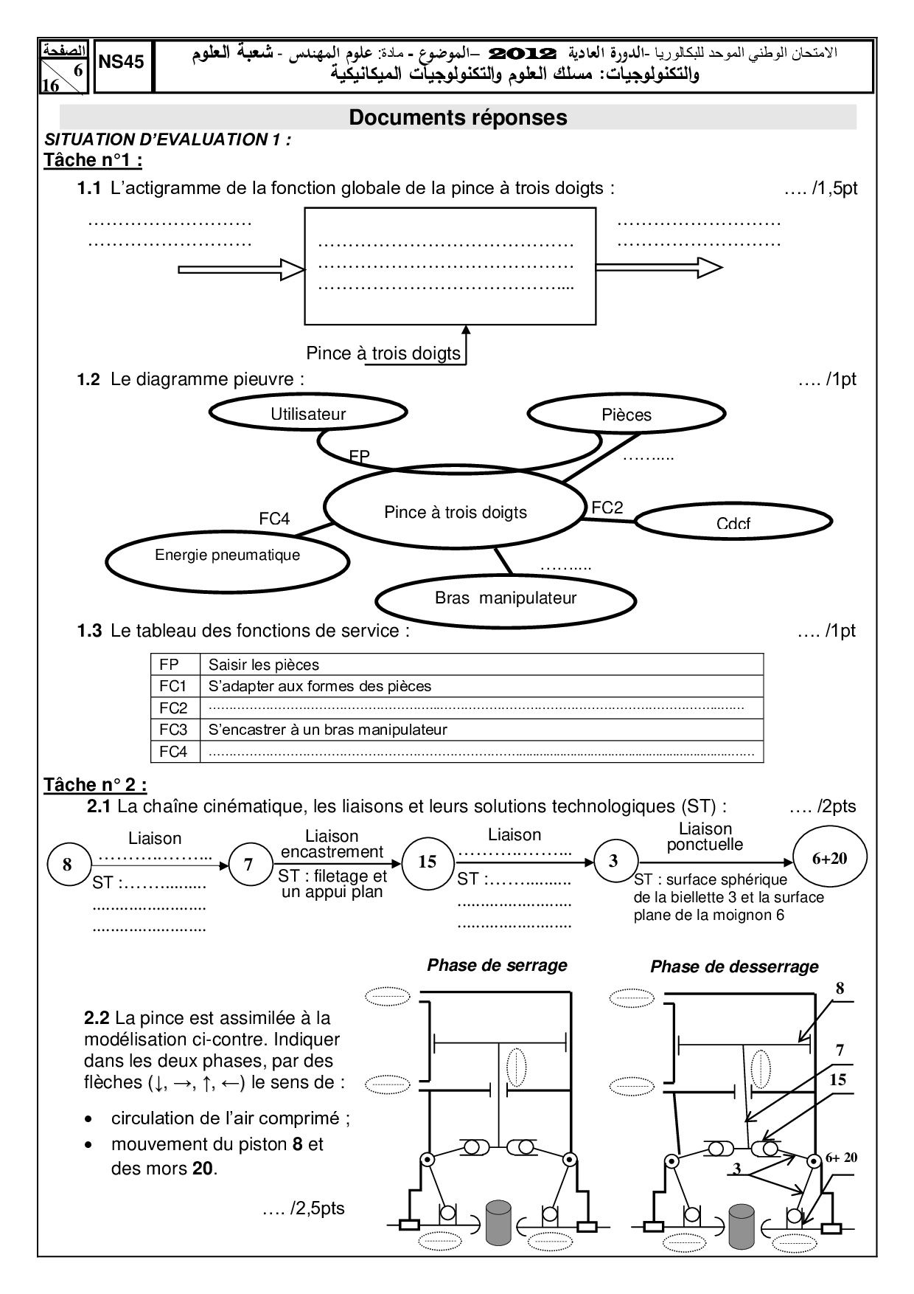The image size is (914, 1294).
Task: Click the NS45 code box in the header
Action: [122, 63]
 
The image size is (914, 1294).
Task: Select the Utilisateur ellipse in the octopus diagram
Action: [307, 415]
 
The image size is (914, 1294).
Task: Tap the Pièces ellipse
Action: [627, 415]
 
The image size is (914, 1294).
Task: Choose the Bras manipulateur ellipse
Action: [505, 599]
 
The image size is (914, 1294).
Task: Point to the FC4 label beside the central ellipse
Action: [274, 519]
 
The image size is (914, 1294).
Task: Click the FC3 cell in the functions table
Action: [174, 730]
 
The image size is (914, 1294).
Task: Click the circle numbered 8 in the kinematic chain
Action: [68, 865]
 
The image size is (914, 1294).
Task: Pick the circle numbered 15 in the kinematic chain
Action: [428, 862]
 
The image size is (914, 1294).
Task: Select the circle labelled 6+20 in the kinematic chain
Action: [829, 858]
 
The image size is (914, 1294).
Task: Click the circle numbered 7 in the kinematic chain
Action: [248, 864]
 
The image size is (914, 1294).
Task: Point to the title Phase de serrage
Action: [497, 965]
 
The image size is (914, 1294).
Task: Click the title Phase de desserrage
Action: [733, 966]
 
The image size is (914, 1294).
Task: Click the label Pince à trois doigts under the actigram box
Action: [383, 353]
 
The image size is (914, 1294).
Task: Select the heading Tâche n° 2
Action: [95, 785]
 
